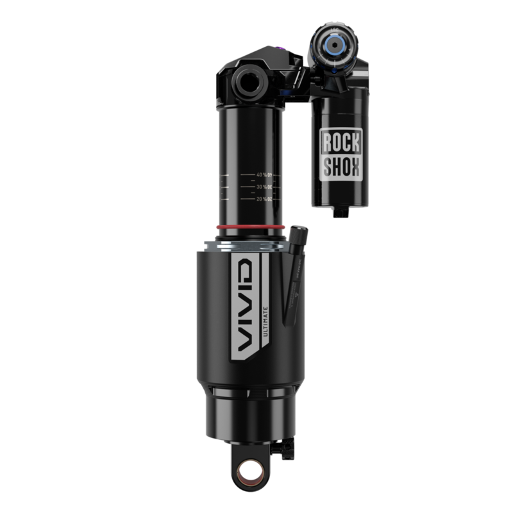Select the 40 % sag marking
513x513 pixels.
pyautogui.click(x=263, y=174)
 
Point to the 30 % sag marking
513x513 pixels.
pyautogui.click(x=263, y=187)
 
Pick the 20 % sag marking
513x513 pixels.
pyautogui.click(x=263, y=199)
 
